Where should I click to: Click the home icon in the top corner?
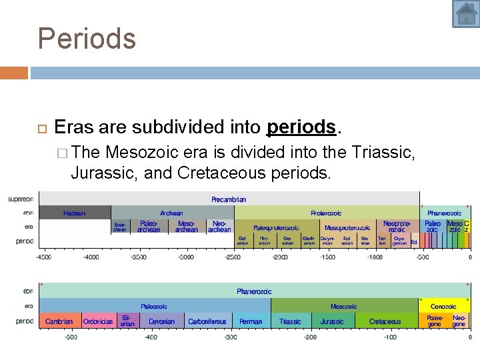(x=465, y=14)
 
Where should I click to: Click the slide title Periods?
(x=87, y=38)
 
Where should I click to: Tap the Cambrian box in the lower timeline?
(x=59, y=321)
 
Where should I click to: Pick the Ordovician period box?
(x=98, y=321)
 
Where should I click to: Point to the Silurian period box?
(x=127, y=321)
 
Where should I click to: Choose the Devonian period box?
(x=161, y=321)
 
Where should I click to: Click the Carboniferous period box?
(x=207, y=321)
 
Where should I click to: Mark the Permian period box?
(x=251, y=321)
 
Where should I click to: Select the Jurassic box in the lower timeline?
(x=332, y=321)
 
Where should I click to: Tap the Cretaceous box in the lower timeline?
(x=385, y=321)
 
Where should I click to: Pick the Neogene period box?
(x=459, y=321)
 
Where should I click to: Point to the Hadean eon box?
(x=74, y=213)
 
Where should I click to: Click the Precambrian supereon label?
(x=229, y=199)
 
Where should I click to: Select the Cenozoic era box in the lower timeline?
(x=443, y=307)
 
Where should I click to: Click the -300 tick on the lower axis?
(x=231, y=337)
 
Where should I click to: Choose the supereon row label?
(x=21, y=199)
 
